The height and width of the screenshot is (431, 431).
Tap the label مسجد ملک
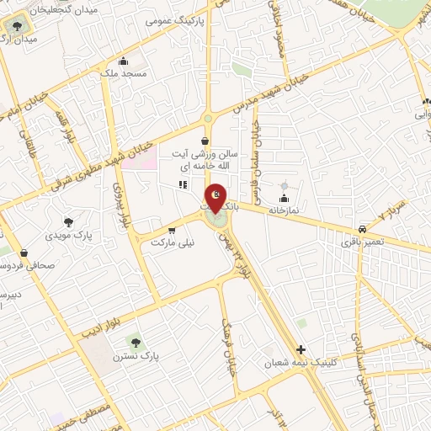(123, 74)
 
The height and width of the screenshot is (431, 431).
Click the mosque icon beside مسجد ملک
(124, 61)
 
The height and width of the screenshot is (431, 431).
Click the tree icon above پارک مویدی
(68, 222)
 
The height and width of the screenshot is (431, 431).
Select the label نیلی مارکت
(172, 242)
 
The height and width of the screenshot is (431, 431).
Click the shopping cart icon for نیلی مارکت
(172, 230)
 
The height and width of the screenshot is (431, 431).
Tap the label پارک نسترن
(135, 356)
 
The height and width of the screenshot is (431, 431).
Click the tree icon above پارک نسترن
(135, 342)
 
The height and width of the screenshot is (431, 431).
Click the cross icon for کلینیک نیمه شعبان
(301, 349)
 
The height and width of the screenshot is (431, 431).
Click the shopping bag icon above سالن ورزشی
(205, 141)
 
